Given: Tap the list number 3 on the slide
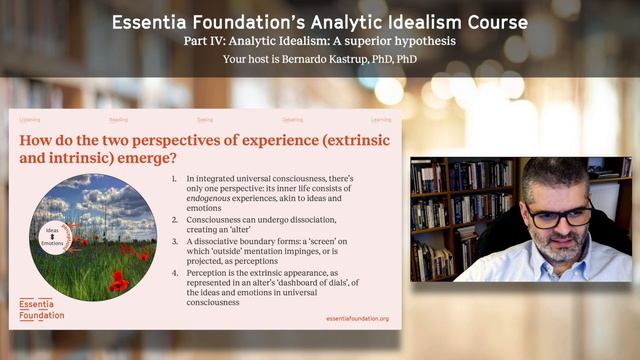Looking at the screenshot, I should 174,240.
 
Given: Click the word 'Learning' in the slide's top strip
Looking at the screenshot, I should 380,119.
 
